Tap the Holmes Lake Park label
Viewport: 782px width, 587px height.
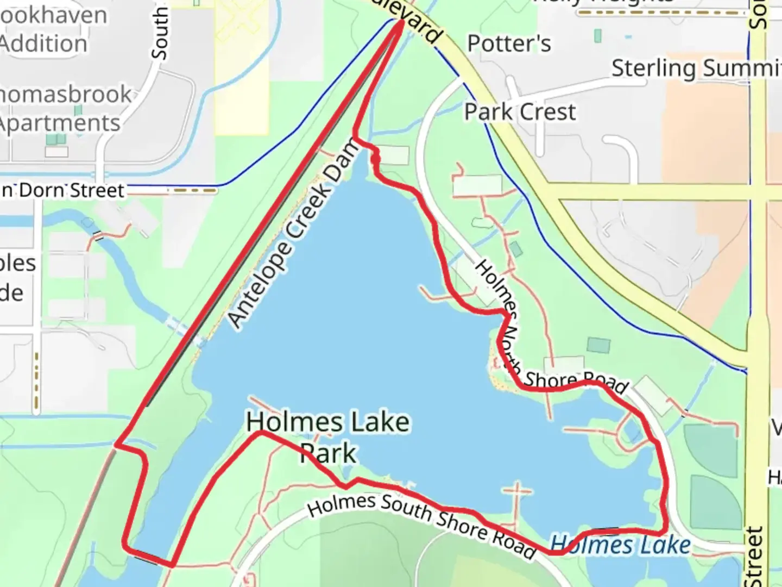tap(328, 437)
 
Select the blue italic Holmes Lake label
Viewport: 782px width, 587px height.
tap(620, 545)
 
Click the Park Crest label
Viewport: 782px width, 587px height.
tap(520, 112)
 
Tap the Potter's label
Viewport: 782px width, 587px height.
tap(509, 43)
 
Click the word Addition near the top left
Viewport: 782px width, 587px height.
tap(43, 43)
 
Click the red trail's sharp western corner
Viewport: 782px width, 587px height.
tap(116, 445)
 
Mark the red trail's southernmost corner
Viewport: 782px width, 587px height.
tap(171, 565)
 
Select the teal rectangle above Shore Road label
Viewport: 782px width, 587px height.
tap(598, 345)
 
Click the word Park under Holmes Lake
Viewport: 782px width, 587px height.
tap(328, 453)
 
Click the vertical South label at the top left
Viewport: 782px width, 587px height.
tap(160, 33)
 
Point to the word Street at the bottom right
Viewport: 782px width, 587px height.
tap(755, 557)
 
